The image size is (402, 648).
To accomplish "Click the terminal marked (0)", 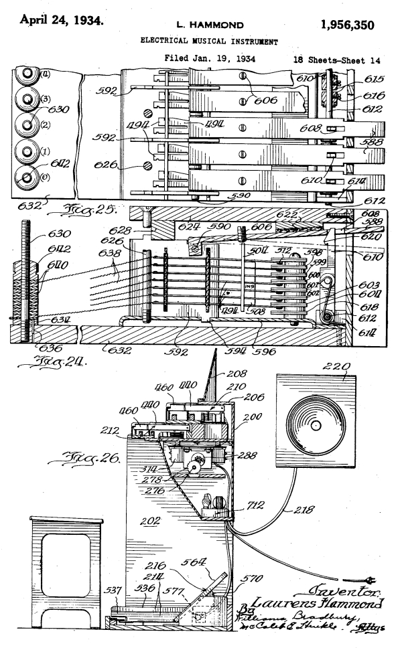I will [28, 177].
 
